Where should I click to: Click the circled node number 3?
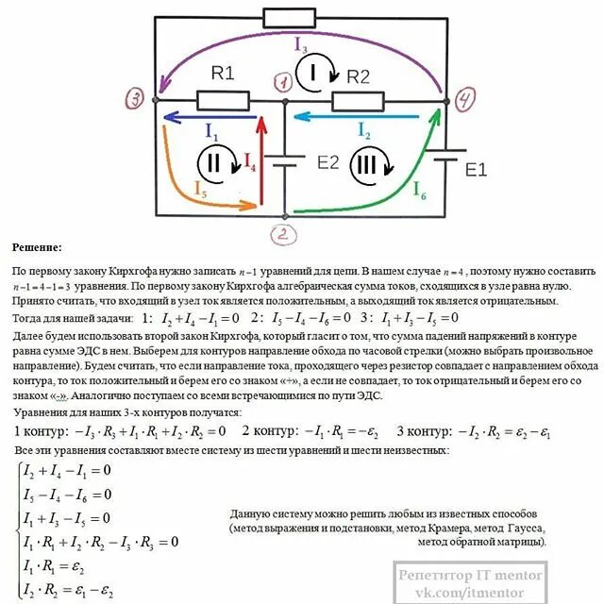tap(135, 98)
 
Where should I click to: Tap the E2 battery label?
tap(327, 161)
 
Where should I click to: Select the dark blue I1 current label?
tap(211, 132)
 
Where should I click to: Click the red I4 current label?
tap(250, 162)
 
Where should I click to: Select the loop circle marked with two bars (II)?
tap(213, 162)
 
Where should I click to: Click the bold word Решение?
tap(39, 248)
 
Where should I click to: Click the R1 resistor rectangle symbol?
tap(224, 99)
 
